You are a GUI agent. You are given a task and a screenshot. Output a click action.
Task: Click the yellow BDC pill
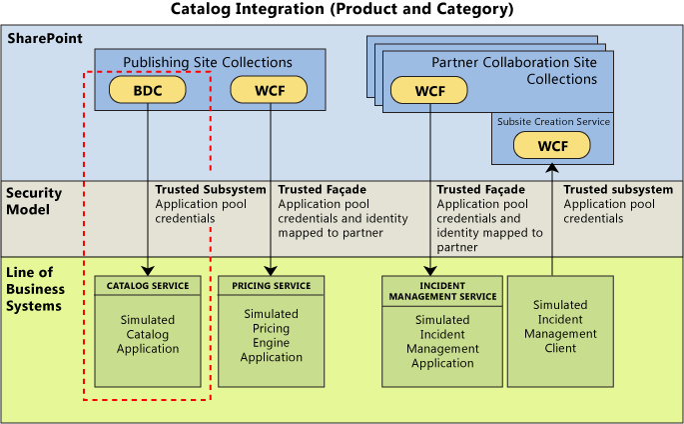(x=148, y=90)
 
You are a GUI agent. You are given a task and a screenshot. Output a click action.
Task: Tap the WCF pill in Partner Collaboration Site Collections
(x=430, y=91)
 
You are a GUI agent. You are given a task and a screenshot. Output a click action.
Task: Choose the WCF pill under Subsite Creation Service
(x=551, y=145)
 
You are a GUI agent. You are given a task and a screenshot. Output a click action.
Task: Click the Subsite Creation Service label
(x=553, y=122)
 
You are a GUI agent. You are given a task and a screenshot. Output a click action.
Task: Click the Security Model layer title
(x=35, y=201)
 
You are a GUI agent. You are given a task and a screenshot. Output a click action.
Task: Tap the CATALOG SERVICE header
(x=148, y=286)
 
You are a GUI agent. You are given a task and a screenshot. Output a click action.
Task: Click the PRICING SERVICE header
(x=271, y=286)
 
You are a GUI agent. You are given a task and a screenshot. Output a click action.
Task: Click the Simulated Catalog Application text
(x=148, y=334)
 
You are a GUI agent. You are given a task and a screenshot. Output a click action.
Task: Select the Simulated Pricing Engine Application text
(x=271, y=335)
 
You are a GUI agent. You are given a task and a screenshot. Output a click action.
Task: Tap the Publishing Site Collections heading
(x=208, y=63)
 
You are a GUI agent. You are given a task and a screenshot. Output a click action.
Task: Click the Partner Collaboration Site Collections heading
(x=513, y=70)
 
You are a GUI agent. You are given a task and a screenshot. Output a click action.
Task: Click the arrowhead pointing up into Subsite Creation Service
(x=551, y=169)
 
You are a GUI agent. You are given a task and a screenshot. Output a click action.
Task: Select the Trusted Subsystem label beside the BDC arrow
(x=211, y=189)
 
